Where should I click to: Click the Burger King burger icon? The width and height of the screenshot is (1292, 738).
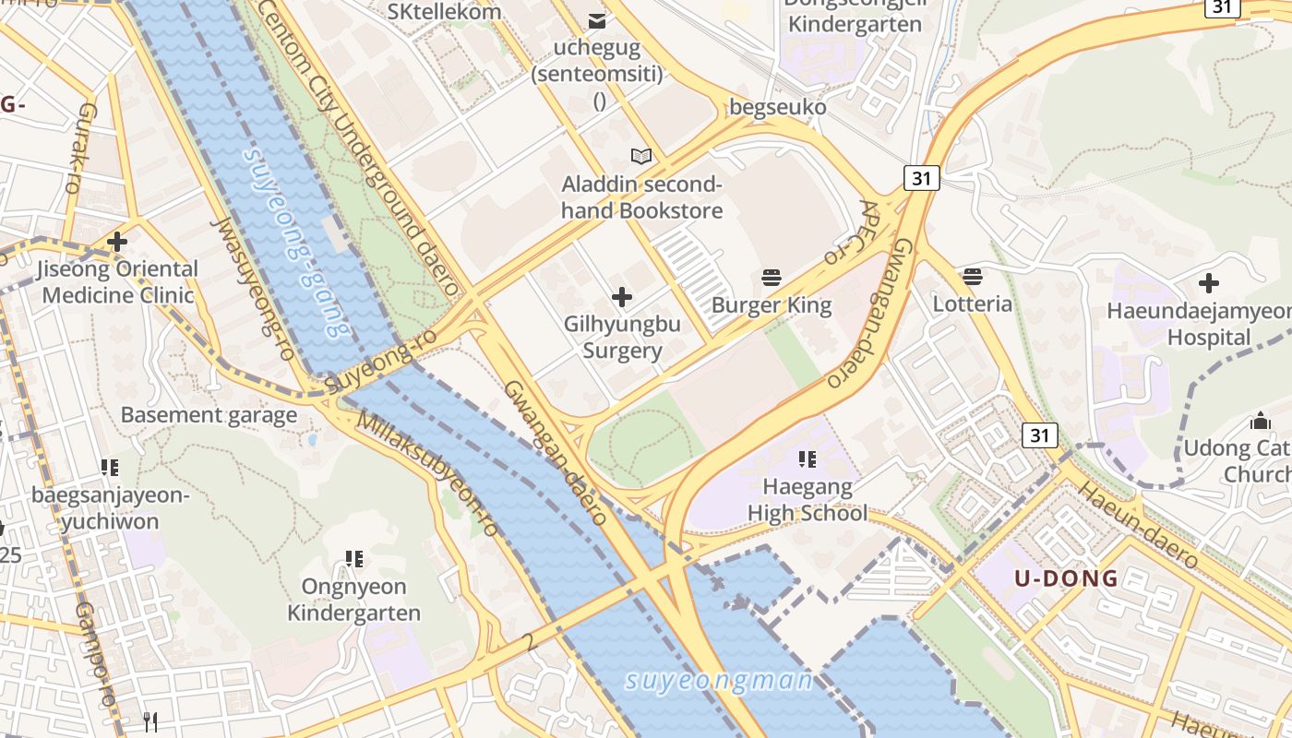click(772, 277)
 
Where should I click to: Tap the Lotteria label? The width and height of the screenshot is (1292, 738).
click(972, 304)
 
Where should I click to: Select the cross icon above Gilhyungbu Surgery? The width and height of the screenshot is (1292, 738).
click(622, 297)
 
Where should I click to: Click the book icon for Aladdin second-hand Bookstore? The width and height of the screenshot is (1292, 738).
click(640, 157)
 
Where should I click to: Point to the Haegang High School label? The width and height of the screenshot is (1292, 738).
click(807, 500)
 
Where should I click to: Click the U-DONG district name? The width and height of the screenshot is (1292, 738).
click(1066, 578)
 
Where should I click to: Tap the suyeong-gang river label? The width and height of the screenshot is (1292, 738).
click(296, 243)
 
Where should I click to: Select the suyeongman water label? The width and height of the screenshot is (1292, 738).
click(719, 682)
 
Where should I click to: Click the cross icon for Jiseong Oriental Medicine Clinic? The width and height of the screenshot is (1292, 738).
click(117, 243)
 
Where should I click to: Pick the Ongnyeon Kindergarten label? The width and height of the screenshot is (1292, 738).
click(353, 600)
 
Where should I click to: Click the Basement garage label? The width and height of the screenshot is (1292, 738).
click(209, 415)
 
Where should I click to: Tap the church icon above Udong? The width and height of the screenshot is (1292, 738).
click(1260, 422)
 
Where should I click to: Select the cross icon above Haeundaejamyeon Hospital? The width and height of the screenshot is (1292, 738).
click(1208, 283)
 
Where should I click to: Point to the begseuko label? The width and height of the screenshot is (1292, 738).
click(777, 107)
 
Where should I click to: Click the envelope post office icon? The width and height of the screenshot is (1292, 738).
click(597, 20)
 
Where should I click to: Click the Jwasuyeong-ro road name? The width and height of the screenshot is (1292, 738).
click(252, 288)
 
